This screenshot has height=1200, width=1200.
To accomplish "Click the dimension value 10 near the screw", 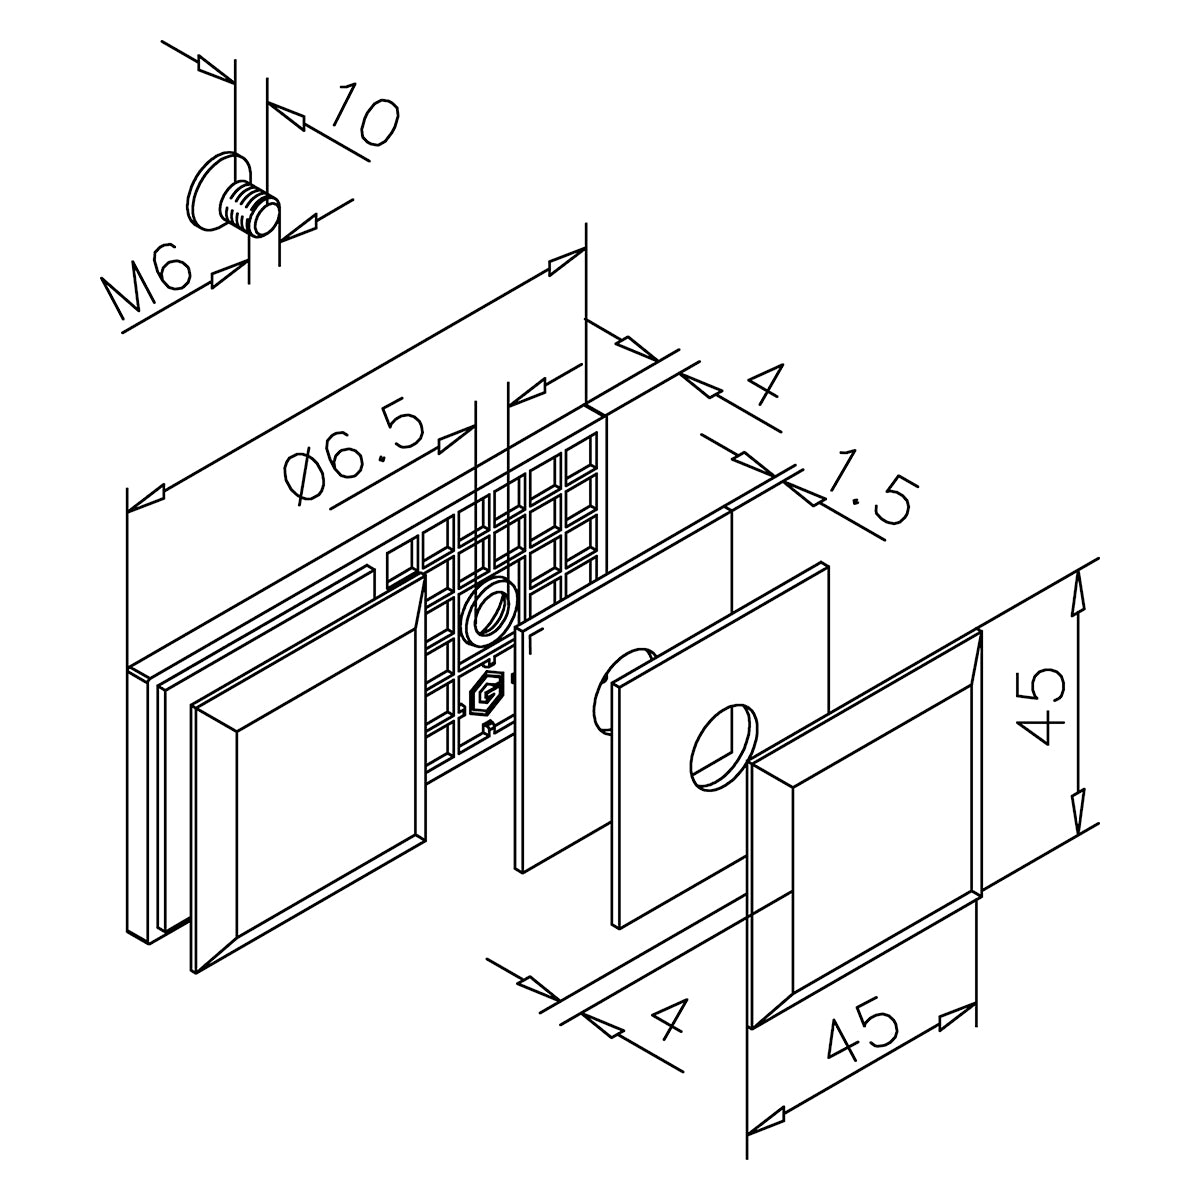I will [x=363, y=117].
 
